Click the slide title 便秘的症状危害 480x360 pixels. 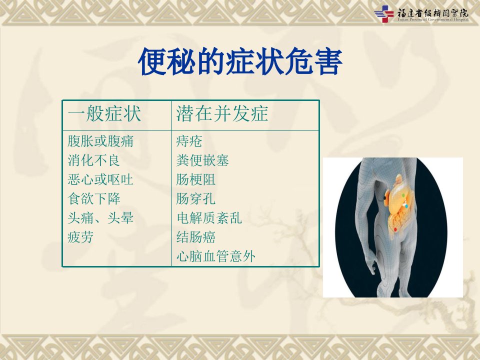coord(240,61)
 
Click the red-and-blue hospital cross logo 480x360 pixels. coord(384,14)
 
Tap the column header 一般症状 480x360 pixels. coord(104,113)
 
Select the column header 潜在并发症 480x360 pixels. coord(222,113)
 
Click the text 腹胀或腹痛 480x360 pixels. coord(100,141)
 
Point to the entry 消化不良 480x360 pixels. coord(93,160)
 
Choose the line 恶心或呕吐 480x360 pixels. coord(100,179)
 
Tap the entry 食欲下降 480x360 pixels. coord(94,198)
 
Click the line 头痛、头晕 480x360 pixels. coord(100,218)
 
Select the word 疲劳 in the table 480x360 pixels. coord(80,237)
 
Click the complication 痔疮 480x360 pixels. coord(189,141)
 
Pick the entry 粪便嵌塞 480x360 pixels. coord(202,160)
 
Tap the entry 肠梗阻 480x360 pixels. coord(196,179)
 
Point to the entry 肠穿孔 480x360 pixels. coord(196,198)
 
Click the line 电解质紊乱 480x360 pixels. coord(209,218)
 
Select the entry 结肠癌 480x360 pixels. coord(196,237)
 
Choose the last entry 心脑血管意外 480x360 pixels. coord(216,256)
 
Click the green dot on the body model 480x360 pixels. coord(403,195)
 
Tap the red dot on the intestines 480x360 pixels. coord(395,229)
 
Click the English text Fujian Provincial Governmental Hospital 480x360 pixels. coord(433,19)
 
